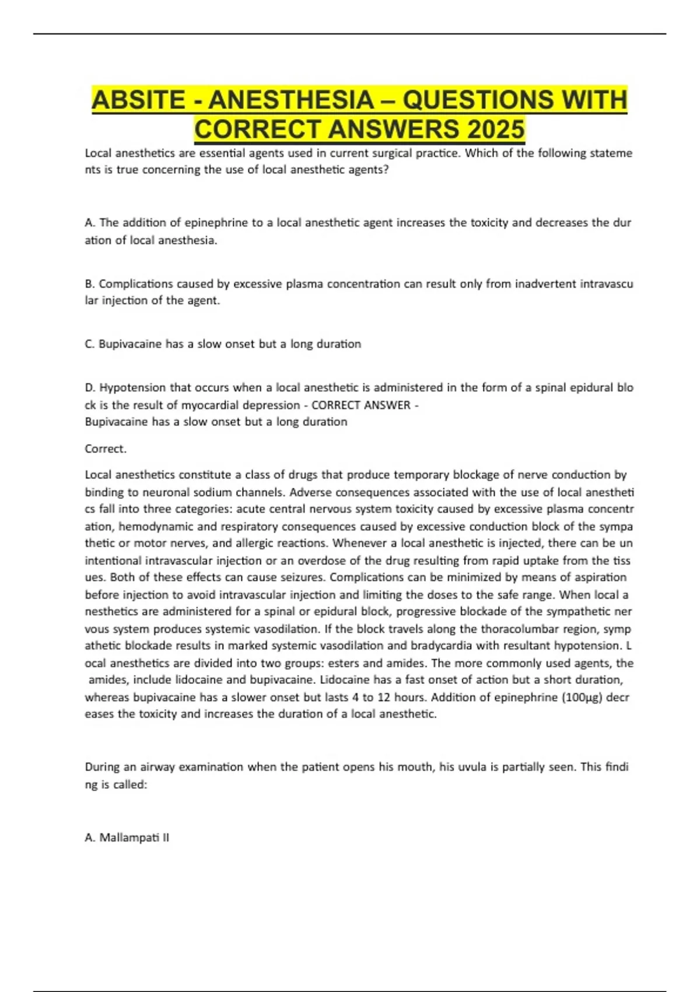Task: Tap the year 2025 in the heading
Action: click(495, 129)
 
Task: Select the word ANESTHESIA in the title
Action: click(292, 100)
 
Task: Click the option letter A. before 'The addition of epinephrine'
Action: click(90, 223)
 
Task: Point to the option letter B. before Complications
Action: click(90, 284)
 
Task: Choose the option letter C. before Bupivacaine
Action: click(90, 344)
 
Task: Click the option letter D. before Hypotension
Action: click(90, 387)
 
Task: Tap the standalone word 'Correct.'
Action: click(106, 449)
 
